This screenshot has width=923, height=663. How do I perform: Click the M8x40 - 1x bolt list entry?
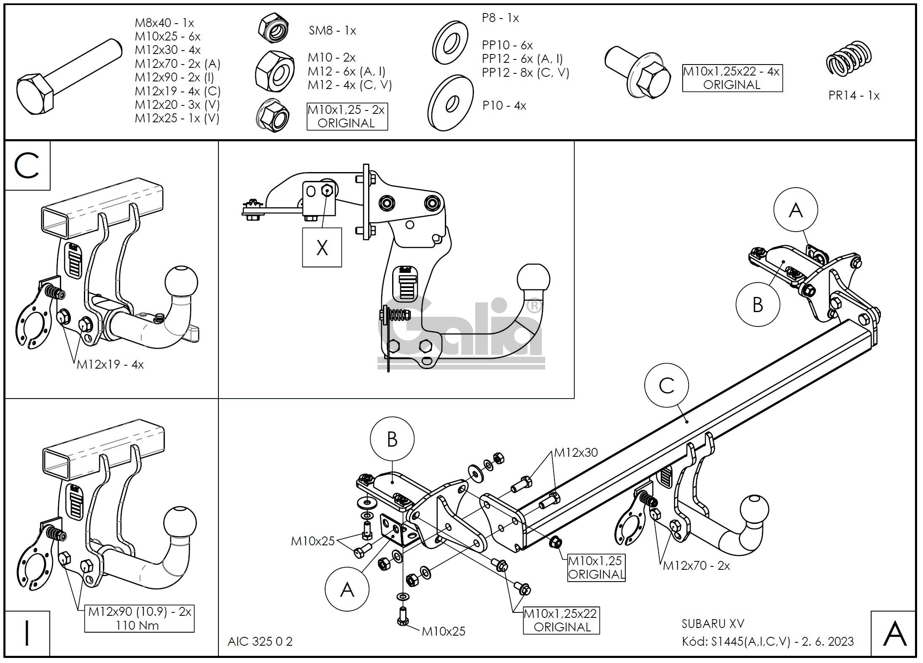coord(164,23)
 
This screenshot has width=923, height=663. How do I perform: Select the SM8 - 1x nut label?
coord(332,30)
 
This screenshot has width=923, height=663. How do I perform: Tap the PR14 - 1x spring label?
coord(853,95)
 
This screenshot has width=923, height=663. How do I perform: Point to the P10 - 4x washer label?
coord(504,105)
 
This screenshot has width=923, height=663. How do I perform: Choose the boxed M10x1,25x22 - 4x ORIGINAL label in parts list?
coord(732,78)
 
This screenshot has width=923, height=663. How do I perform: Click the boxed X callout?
coord(322,248)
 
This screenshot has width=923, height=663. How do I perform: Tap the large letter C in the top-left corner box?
coord(27,165)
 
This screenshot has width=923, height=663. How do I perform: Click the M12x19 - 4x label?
coord(110,364)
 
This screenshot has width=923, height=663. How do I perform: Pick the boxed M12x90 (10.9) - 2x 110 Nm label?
coord(139,618)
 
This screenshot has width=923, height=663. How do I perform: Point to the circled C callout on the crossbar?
coord(666,385)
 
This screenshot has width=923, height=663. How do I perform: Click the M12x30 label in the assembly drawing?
coord(576,453)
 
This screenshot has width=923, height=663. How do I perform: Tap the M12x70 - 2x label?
coord(696,566)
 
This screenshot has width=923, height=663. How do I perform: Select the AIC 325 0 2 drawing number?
coord(260,641)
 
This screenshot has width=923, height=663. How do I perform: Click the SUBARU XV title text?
coord(713,624)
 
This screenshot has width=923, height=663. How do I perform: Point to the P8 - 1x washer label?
coord(500,18)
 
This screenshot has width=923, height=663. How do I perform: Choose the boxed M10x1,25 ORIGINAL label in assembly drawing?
coord(595,567)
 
